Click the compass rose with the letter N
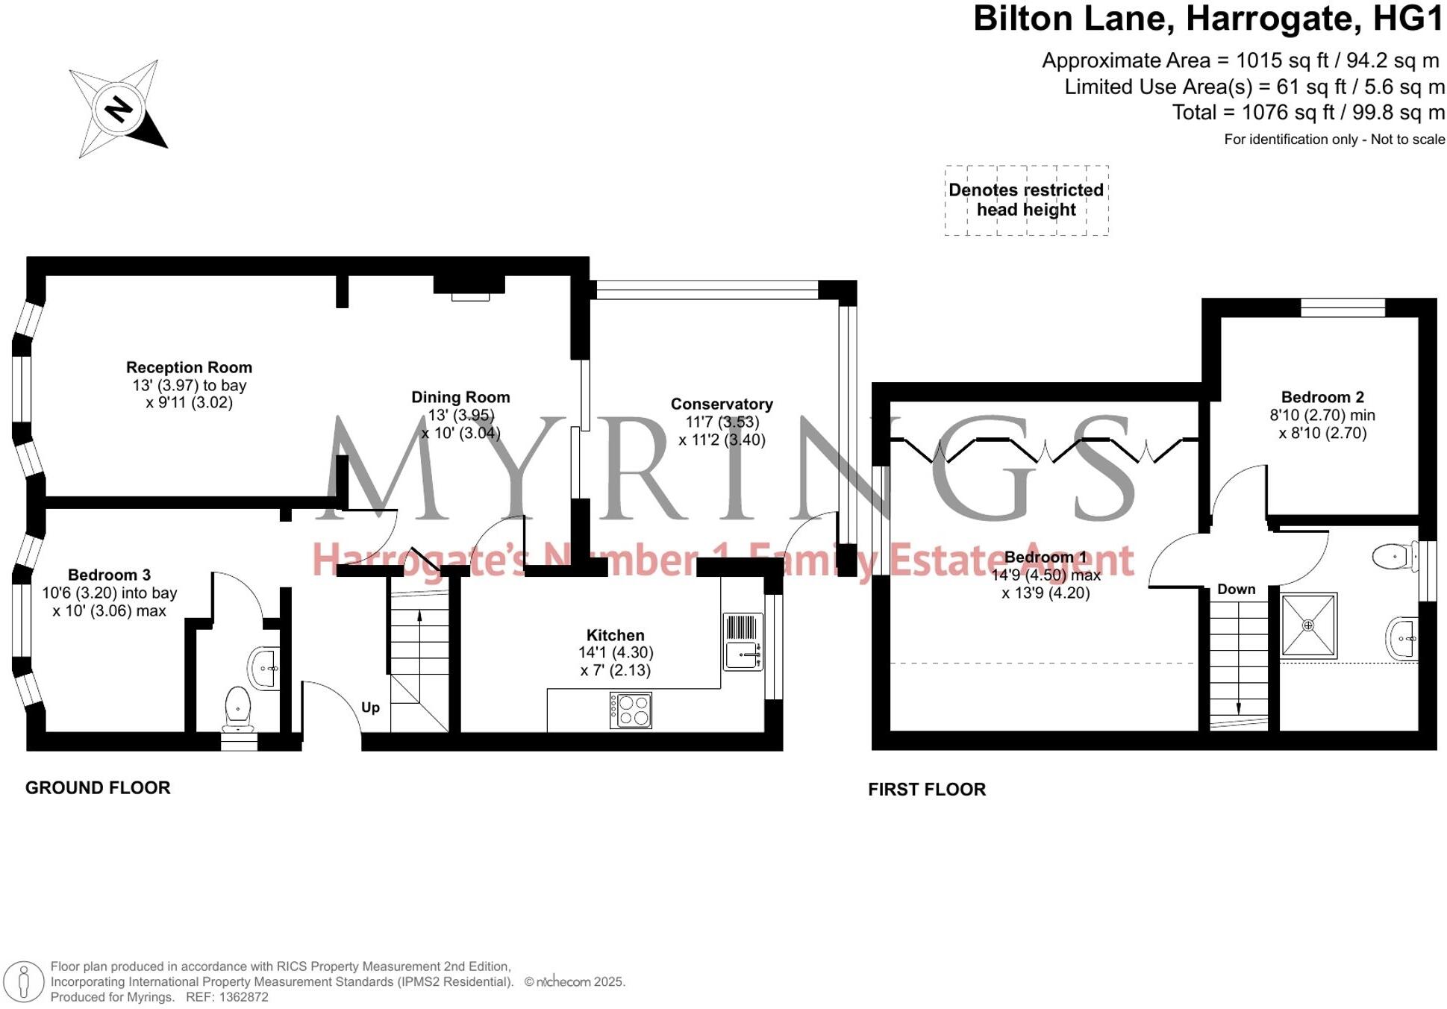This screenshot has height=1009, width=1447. [x=118, y=109]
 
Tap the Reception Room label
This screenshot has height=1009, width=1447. [x=189, y=367]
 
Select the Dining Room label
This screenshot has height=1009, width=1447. [x=460, y=397]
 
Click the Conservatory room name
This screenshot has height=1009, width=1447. [x=721, y=404]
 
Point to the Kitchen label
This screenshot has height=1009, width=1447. [x=615, y=635]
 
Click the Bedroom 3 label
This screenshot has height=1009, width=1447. [x=109, y=575]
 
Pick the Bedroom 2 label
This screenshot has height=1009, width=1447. [x=1322, y=397]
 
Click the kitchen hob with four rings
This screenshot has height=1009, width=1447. [x=631, y=710]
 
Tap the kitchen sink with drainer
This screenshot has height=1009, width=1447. [x=743, y=642]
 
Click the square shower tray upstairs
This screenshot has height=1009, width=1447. [x=1308, y=625]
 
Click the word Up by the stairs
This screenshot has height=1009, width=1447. [x=370, y=707]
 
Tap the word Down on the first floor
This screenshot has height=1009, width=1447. [x=1236, y=589]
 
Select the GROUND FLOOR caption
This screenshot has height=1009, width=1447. [x=98, y=787]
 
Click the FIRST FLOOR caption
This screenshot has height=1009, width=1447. [x=926, y=789]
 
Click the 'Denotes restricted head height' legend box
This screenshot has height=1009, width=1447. [x=1026, y=200]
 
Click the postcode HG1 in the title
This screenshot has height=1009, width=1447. [x=1407, y=19]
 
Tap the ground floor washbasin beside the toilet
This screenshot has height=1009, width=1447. [x=264, y=668]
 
